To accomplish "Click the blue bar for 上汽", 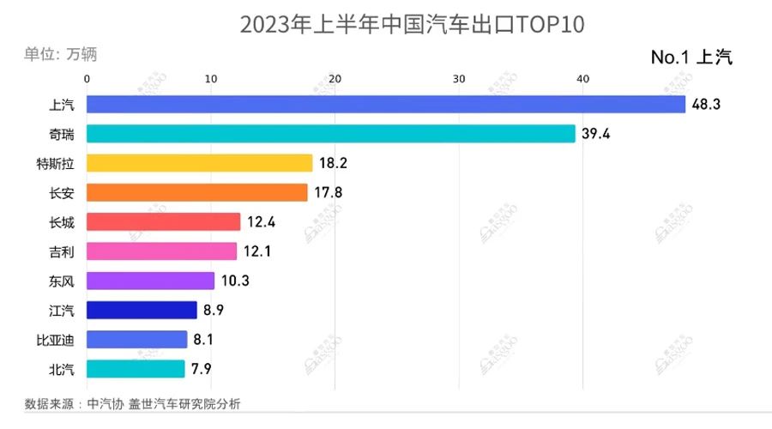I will (x=386, y=105).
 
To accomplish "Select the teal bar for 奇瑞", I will (x=330, y=134).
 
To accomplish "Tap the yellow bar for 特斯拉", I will (x=199, y=163).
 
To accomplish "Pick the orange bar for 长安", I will (x=196, y=192).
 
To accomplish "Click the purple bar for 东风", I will (x=150, y=281).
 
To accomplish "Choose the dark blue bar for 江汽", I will (x=142, y=310).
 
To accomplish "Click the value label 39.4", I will (x=597, y=134).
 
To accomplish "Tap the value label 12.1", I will (x=258, y=251).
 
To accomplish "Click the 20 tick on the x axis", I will (x=335, y=79).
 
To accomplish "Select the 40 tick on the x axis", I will (x=582, y=79).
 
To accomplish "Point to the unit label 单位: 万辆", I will (x=60, y=54).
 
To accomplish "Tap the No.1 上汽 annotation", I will (x=691, y=57).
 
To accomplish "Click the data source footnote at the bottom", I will (x=133, y=403).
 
